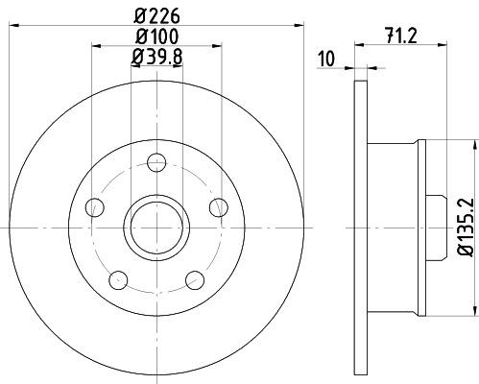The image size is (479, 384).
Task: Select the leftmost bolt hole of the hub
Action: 94,205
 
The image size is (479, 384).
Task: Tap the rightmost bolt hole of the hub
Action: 219,205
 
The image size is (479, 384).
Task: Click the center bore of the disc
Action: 156,227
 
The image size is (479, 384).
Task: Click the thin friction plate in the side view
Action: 361,227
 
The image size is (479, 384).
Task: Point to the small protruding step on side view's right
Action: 435,227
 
